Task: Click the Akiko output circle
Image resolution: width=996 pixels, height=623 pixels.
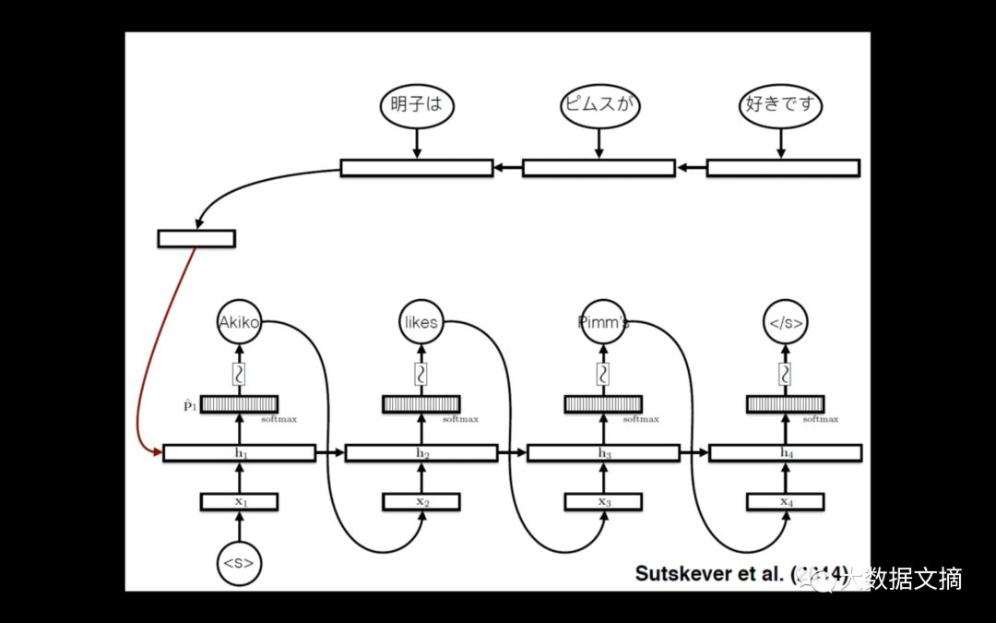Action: click(x=239, y=323)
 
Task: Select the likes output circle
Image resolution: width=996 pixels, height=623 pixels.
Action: click(x=421, y=323)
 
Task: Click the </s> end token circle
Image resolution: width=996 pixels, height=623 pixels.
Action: click(x=785, y=323)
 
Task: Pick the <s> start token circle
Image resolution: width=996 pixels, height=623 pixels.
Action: click(x=238, y=561)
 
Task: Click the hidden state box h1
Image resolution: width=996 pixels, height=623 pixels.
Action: click(x=239, y=453)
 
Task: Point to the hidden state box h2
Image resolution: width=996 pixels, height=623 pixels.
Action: click(x=421, y=453)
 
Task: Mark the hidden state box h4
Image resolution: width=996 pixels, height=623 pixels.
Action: click(x=785, y=453)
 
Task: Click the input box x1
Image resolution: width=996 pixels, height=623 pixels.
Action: click(x=239, y=502)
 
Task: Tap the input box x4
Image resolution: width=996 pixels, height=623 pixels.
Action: click(x=785, y=502)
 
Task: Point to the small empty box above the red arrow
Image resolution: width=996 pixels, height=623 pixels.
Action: click(x=196, y=238)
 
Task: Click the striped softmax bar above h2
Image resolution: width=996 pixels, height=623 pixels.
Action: click(x=421, y=404)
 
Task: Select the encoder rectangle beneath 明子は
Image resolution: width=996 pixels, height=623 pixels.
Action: click(x=417, y=168)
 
